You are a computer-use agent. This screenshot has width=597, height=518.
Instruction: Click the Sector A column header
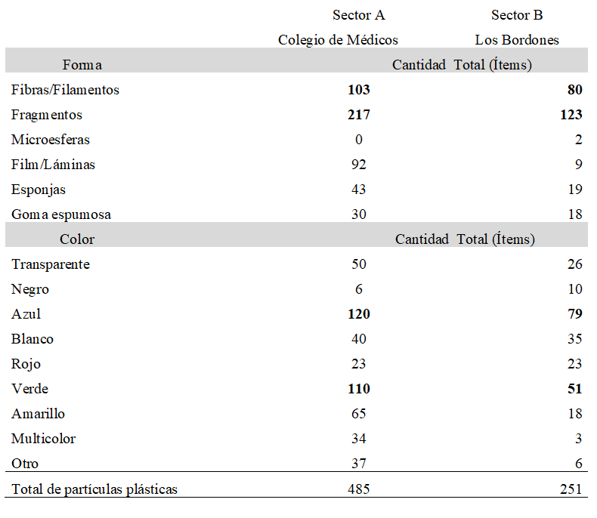(x=359, y=15)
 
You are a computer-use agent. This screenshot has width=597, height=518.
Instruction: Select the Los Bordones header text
(x=517, y=40)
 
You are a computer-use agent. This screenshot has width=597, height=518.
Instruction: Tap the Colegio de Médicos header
(x=338, y=40)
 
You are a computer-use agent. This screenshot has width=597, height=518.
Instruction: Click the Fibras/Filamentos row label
(x=65, y=90)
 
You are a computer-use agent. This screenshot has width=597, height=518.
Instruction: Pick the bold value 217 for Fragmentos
(x=359, y=115)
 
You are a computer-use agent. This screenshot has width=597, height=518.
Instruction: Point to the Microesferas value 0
(x=359, y=140)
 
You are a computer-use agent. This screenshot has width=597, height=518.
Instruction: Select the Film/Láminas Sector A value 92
(x=359, y=165)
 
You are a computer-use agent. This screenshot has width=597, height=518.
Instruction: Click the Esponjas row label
(x=39, y=190)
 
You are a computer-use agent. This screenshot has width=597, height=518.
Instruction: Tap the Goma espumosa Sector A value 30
(x=359, y=214)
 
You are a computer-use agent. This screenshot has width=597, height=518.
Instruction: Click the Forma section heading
(x=82, y=65)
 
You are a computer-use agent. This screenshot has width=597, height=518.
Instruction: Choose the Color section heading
(x=77, y=239)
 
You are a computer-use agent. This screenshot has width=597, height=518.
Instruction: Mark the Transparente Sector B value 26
(x=575, y=264)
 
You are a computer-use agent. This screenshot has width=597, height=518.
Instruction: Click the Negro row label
(x=30, y=289)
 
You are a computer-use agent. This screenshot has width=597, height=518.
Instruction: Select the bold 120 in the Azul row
(x=359, y=314)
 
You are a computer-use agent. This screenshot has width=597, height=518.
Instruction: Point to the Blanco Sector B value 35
(x=575, y=339)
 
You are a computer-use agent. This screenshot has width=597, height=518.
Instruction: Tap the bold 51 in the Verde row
(x=575, y=389)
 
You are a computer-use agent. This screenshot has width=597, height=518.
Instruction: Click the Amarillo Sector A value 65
(x=359, y=414)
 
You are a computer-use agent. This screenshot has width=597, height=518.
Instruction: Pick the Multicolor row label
(x=43, y=439)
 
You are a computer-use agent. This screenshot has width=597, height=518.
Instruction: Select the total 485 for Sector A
(x=359, y=489)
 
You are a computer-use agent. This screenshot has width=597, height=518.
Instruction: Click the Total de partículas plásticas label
(x=94, y=489)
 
